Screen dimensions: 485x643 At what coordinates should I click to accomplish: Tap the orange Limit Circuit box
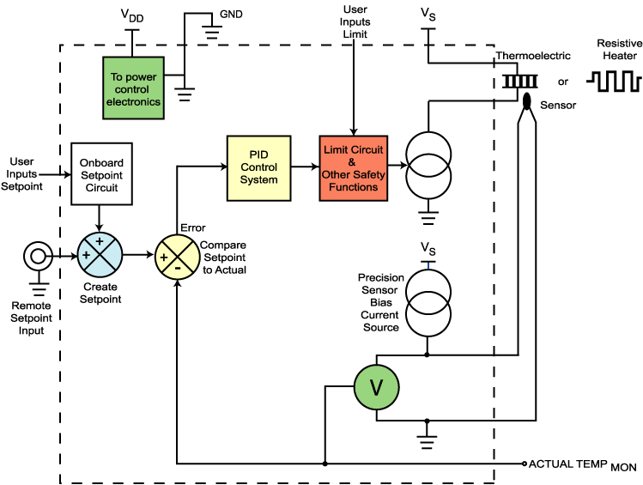coord(352,167)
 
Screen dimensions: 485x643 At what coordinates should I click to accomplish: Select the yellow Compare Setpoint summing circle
coord(176,255)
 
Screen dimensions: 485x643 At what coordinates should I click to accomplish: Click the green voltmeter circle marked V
coord(377,388)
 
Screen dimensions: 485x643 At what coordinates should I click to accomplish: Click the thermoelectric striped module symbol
coord(519,81)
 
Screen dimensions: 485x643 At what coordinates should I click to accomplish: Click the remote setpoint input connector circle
coord(36,255)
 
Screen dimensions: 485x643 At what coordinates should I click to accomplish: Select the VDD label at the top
coord(131,15)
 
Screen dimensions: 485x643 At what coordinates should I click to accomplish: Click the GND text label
coord(231,15)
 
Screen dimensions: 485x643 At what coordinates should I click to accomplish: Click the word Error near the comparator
coord(192,227)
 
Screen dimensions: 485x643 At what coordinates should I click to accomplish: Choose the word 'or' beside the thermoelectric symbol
coord(563,82)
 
